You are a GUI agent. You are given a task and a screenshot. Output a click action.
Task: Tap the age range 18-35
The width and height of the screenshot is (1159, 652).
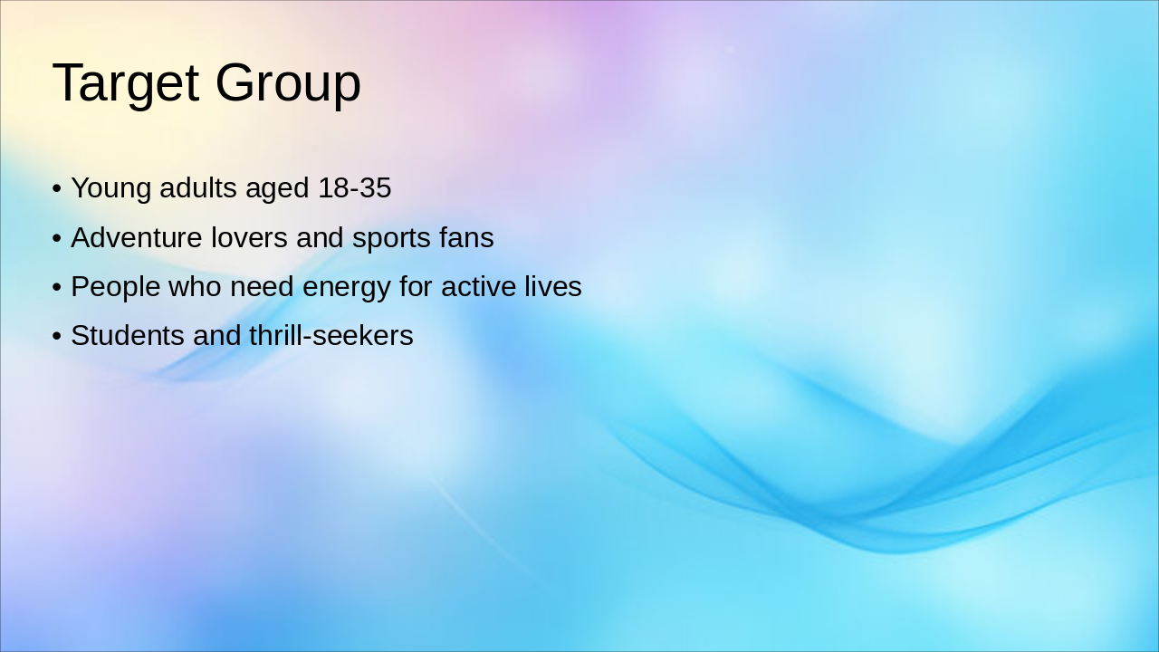(354, 188)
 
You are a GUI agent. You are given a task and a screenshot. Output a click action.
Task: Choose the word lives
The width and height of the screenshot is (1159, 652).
(552, 287)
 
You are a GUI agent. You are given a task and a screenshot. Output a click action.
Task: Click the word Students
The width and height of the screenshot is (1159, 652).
(128, 336)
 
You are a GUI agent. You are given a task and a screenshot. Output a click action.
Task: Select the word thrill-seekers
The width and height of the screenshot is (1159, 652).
(330, 336)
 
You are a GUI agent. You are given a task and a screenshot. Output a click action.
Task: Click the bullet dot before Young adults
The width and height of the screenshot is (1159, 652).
(57, 189)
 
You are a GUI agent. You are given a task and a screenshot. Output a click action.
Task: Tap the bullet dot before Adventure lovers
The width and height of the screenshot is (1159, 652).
(57, 239)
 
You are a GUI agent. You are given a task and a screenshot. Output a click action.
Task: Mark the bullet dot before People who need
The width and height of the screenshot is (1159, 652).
(57, 288)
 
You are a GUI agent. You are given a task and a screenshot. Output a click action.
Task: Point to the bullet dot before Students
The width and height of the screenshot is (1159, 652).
(57, 337)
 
